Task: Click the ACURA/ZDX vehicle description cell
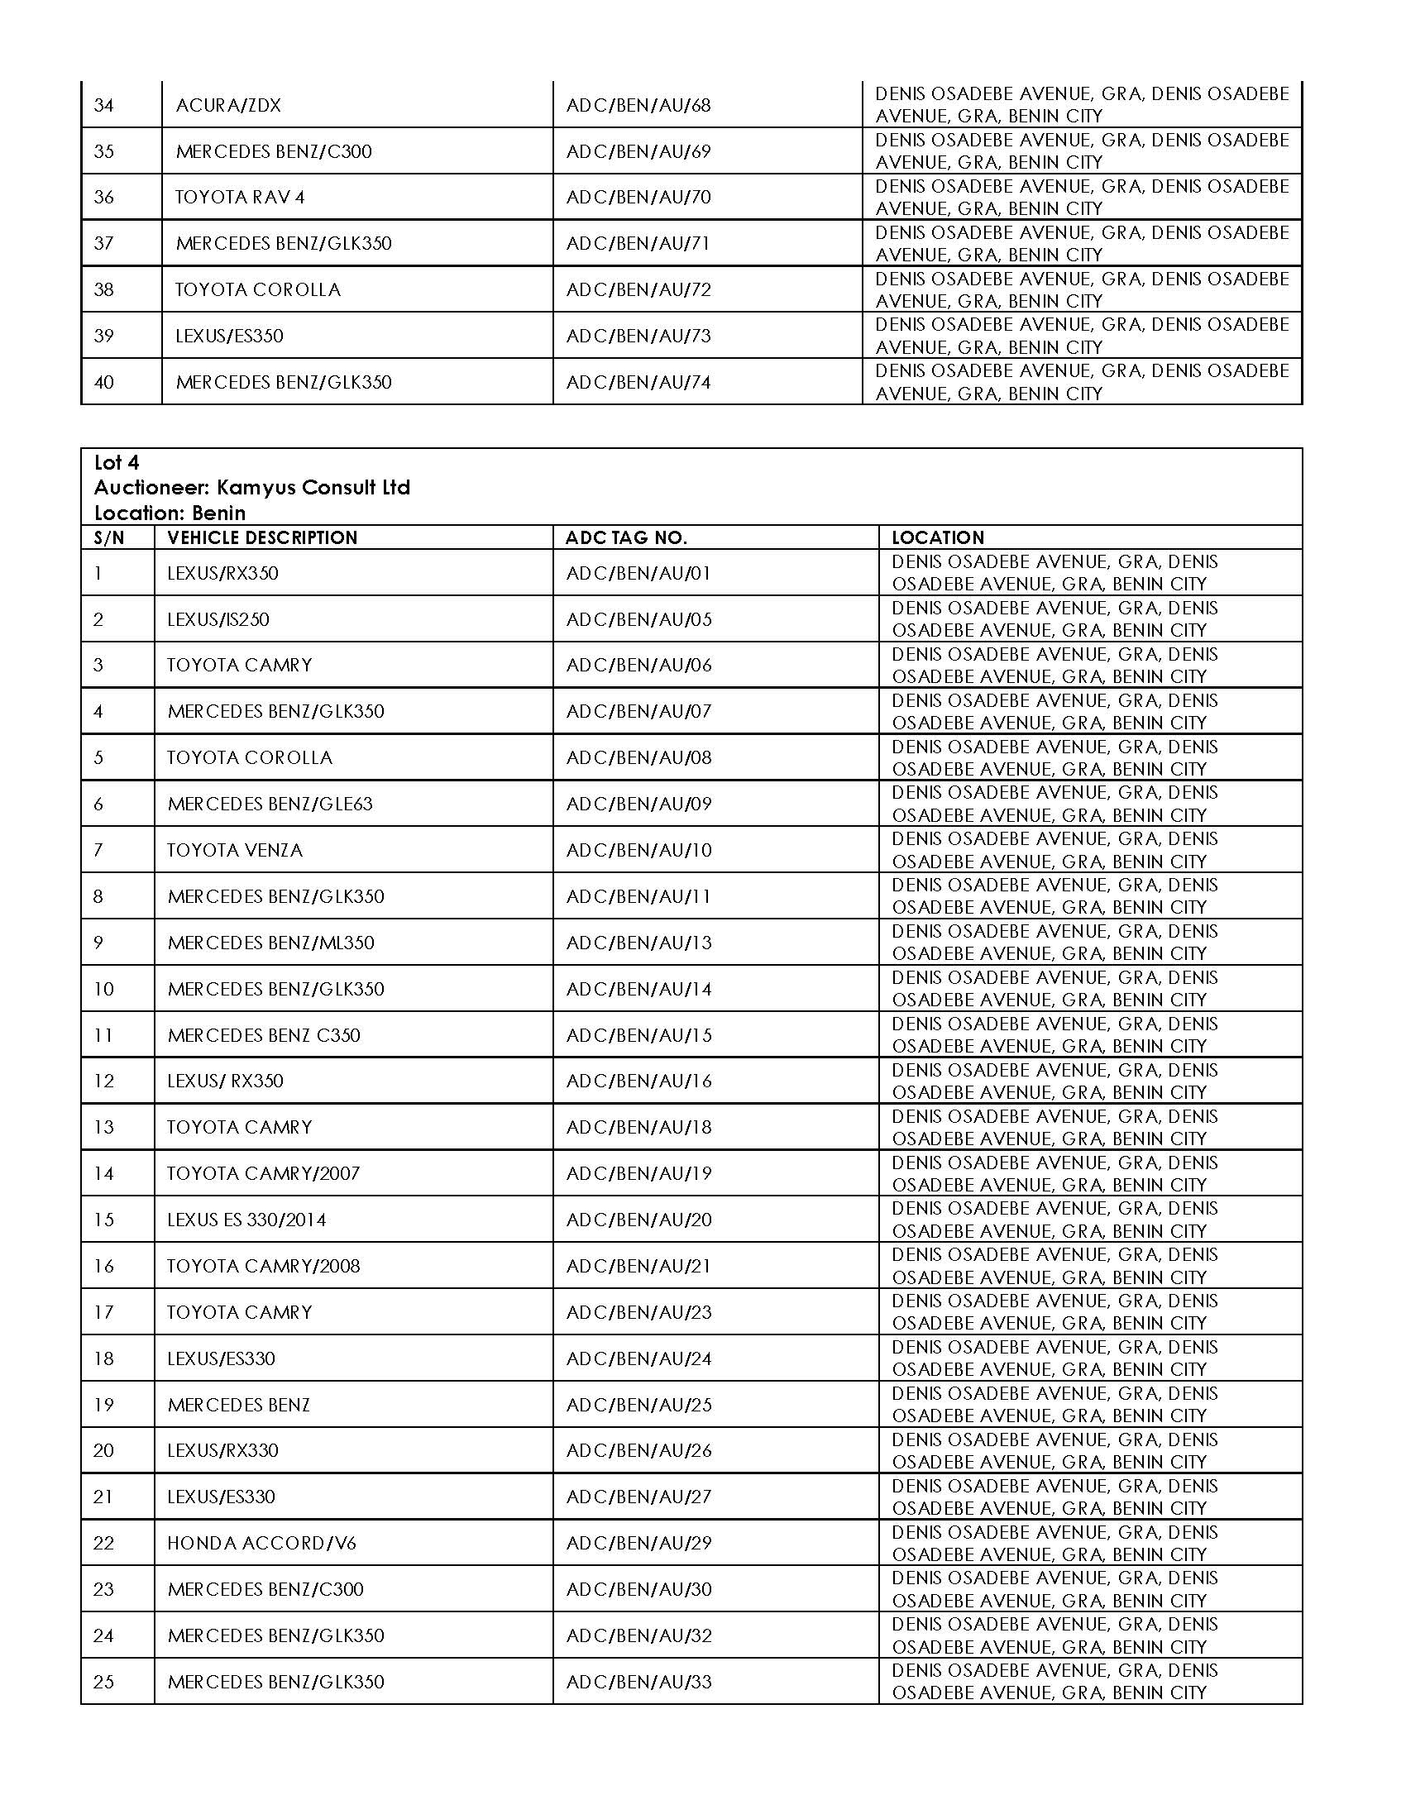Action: coord(228,105)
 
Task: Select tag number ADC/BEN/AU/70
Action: coord(638,198)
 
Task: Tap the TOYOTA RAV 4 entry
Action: coord(240,198)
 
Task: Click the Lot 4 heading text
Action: coord(117,462)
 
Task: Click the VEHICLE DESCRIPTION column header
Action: coord(262,537)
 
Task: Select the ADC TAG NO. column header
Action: coord(626,537)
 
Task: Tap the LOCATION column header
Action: coord(938,537)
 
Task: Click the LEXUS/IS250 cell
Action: coord(218,618)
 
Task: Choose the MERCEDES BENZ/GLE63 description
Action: coord(270,804)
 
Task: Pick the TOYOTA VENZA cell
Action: coord(235,850)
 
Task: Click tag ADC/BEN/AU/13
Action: coord(638,943)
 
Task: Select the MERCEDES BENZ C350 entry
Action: coord(264,1035)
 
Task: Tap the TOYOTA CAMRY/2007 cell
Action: coord(263,1173)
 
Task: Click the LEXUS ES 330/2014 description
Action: coord(246,1220)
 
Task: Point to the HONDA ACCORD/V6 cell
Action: coord(261,1544)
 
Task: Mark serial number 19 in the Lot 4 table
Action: coord(103,1405)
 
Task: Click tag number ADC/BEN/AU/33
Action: coord(638,1682)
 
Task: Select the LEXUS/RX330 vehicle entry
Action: coord(222,1451)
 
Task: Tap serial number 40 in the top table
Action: coord(104,382)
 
